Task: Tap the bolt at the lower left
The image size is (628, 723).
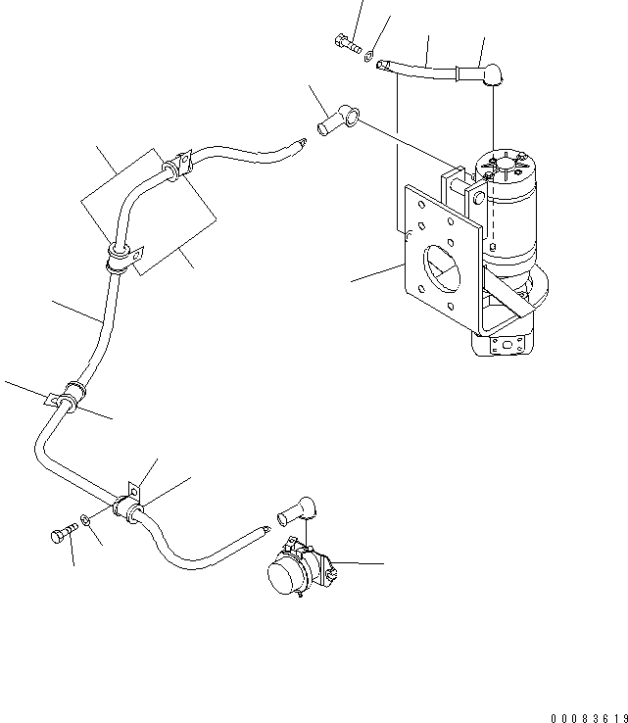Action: coord(60,535)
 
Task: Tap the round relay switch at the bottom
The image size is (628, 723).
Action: coord(289,570)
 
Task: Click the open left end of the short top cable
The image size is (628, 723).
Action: coord(385,65)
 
